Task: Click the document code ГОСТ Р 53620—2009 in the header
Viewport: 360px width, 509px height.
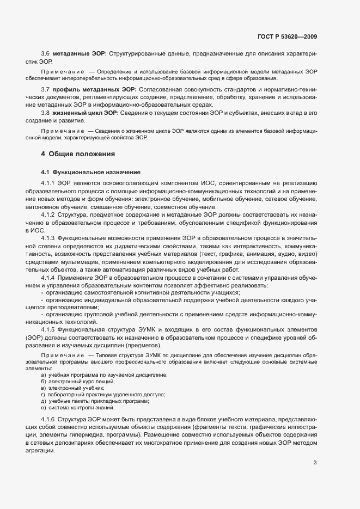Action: pyautogui.click(x=286, y=36)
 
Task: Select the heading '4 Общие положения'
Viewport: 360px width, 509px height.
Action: pyautogui.click(x=78, y=154)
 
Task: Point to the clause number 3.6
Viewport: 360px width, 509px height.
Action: pyautogui.click(x=45, y=54)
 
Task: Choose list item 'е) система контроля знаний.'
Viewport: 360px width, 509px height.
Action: pyautogui.click(x=77, y=407)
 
